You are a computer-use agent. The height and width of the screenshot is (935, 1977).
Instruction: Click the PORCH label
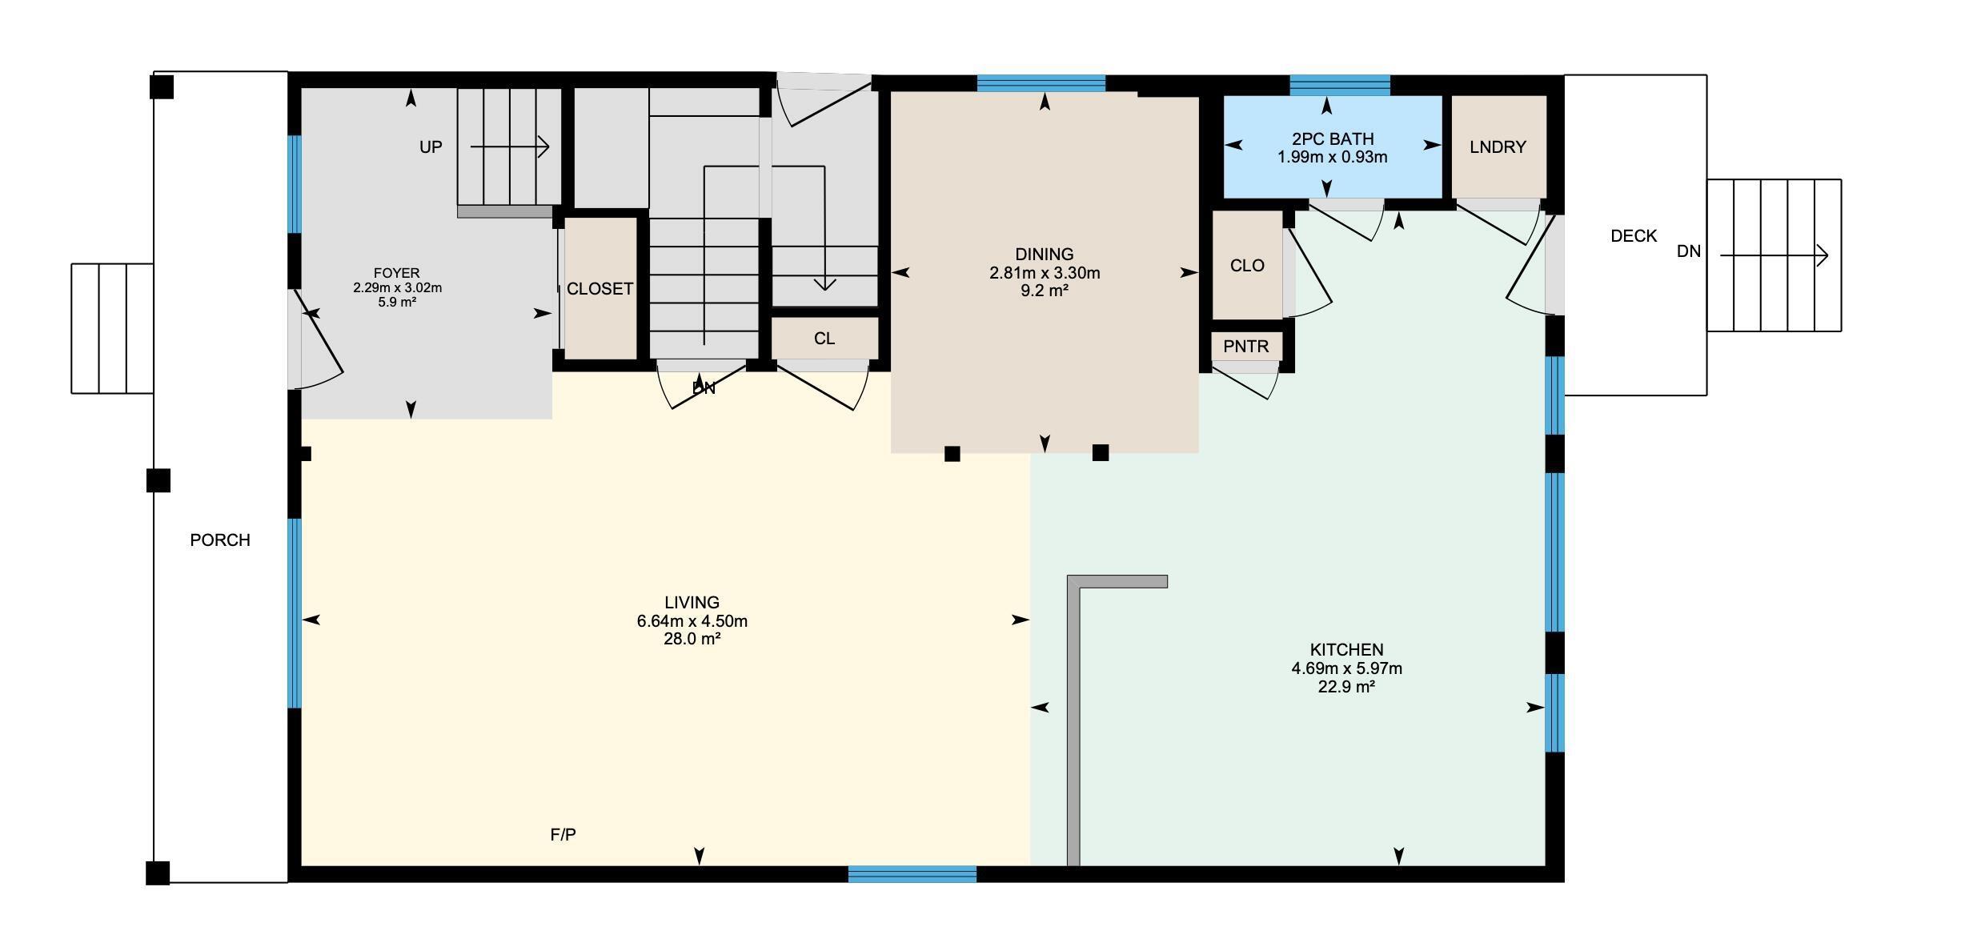coord(220,540)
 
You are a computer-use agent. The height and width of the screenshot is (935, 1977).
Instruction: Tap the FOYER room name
coord(396,273)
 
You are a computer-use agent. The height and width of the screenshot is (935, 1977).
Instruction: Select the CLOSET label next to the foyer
coord(600,289)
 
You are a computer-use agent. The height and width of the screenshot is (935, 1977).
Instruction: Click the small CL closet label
coord(824,339)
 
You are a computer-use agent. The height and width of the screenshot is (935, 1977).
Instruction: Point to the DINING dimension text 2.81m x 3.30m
coord(1045,273)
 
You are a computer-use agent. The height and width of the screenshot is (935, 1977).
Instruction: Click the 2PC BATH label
coord(1332,138)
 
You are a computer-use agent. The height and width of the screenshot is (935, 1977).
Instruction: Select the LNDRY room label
coord(1498,147)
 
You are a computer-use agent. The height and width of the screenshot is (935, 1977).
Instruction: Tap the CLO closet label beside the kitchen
coord(1247,266)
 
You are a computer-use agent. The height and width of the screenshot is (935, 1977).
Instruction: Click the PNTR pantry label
coord(1246,347)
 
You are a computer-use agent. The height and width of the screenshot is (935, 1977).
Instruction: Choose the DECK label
coord(1634,236)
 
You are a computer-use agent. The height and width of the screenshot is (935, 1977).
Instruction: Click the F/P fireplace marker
coord(563,835)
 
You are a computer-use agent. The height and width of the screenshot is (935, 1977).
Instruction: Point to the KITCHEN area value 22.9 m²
coord(1346,687)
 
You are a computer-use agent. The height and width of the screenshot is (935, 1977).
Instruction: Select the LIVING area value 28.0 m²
coord(692,639)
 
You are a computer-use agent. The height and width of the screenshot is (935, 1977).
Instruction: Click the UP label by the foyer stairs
coord(431,147)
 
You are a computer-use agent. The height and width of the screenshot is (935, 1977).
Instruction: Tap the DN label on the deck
coord(1689,251)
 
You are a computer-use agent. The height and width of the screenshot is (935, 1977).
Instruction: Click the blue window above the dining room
coord(1041,82)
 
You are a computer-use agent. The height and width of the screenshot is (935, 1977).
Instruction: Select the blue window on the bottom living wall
coord(912,873)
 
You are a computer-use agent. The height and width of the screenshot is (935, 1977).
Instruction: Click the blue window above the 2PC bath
coord(1339,84)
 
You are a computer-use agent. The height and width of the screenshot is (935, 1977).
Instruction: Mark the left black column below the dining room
coord(952,454)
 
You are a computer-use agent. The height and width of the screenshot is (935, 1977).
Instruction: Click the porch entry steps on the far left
coord(112,328)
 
